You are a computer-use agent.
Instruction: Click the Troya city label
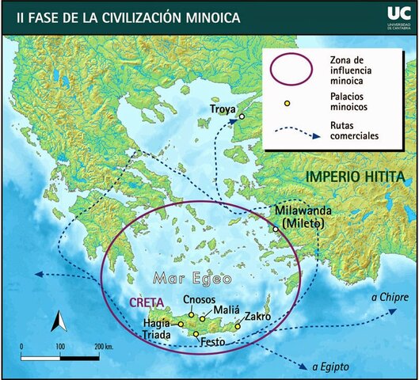click(x=225, y=108)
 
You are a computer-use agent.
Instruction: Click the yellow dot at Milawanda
click(x=276, y=229)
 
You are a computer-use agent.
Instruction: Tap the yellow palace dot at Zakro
click(x=238, y=326)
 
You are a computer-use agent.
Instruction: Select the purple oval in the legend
click(x=291, y=68)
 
